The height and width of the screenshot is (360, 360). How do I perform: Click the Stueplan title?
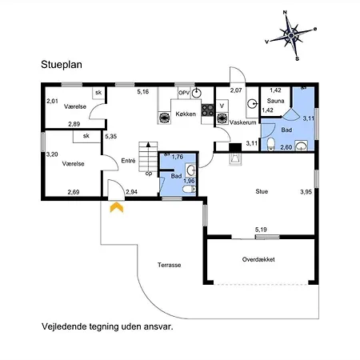(62, 65)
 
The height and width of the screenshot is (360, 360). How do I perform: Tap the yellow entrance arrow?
(117, 207)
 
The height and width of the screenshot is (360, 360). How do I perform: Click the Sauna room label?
(275, 101)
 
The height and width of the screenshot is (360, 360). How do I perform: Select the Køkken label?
(186, 114)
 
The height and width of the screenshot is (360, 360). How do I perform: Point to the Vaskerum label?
(242, 122)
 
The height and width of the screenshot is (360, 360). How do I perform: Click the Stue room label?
(262, 191)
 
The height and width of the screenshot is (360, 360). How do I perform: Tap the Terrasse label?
(169, 265)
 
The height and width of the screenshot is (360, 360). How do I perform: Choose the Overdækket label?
(258, 259)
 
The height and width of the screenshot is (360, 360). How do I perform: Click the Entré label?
(128, 161)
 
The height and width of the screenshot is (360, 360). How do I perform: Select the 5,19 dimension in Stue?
(261, 230)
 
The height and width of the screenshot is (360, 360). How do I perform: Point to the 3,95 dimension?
(306, 191)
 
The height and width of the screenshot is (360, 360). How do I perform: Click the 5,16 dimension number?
(143, 92)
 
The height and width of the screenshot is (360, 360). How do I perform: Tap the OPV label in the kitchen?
(184, 93)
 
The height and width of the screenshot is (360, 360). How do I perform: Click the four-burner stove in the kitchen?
(207, 110)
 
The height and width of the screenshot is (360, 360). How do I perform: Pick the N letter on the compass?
(285, 12)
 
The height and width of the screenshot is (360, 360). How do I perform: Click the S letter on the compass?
(297, 58)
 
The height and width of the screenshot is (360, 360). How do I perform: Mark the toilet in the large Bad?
(271, 144)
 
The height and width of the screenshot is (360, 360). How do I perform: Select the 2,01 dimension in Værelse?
(52, 101)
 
